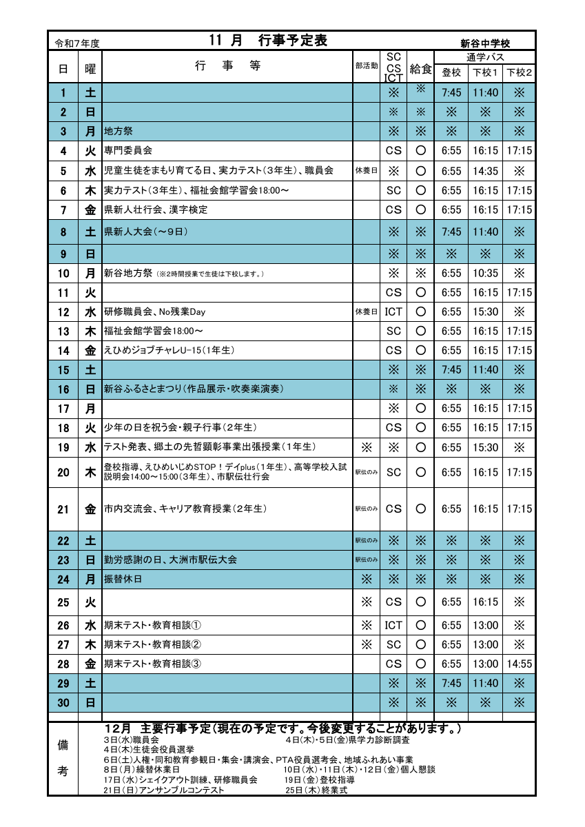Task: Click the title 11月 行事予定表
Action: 268,40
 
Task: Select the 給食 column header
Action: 420,68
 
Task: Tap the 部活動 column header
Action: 366,67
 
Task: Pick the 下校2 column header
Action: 520,72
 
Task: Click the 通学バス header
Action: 485,57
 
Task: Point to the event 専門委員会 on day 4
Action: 128,150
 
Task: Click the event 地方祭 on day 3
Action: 118,131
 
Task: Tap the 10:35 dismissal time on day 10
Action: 485,274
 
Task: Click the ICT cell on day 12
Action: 393,312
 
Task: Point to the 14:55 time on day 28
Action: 520,664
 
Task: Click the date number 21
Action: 63,509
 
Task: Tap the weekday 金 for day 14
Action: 90,350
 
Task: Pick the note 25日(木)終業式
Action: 316,790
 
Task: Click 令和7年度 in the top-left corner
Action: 77,43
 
